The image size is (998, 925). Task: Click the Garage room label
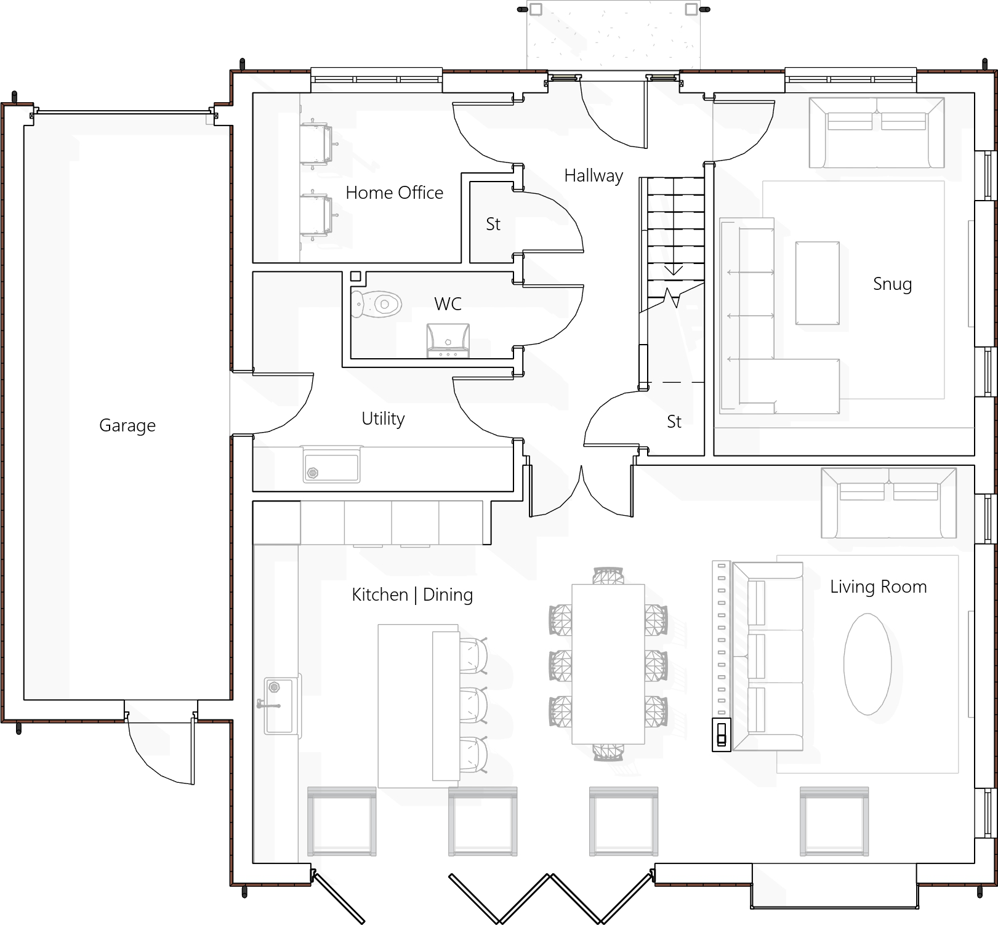pos(127,426)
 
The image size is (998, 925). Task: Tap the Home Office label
pos(394,193)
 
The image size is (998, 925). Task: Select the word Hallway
pos(594,176)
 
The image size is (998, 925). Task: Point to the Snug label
pos(892,284)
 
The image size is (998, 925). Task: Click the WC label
pos(448,304)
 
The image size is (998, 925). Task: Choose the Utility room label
pos(383,419)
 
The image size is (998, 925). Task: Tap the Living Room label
pos(878,587)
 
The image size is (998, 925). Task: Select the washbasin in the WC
pos(448,340)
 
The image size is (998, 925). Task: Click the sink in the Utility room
pos(332,468)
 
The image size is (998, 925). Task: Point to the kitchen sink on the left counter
pos(280,705)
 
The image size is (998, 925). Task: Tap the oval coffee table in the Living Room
pos(867,664)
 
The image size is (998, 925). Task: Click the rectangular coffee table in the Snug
pos(817,283)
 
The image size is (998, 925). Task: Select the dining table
pos(608,664)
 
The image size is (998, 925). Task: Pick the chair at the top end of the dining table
pos(608,576)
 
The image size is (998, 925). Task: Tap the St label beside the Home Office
pos(493,224)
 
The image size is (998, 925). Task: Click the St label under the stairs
pos(674,422)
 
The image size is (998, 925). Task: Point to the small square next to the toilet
pos(355,277)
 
